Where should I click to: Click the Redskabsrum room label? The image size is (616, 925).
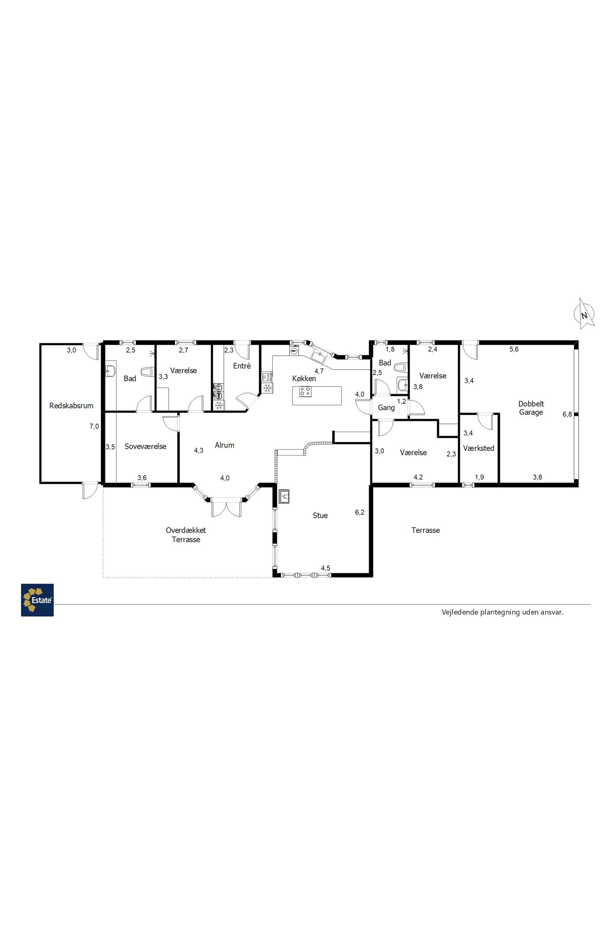tap(71, 406)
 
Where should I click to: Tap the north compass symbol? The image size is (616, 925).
tap(584, 314)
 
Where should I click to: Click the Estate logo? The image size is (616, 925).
tap(37, 600)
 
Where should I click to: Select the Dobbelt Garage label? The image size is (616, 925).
tap(531, 408)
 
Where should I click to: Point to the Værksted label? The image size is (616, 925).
tap(478, 448)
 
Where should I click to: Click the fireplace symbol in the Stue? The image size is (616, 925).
tap(284, 497)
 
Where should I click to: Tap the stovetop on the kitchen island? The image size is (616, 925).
tap(305, 391)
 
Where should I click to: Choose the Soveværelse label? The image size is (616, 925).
tap(145, 446)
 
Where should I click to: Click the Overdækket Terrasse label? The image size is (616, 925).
tap(186, 535)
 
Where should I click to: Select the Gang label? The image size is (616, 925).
tap(386, 408)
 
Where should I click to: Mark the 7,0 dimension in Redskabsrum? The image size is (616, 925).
tap(94, 426)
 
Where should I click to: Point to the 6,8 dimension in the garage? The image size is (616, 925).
tap(567, 414)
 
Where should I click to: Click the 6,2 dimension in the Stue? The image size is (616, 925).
tap(359, 512)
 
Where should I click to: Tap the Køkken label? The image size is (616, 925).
tap(304, 379)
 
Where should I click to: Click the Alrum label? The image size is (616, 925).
tap(225, 445)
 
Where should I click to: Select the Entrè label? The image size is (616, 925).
tap(242, 366)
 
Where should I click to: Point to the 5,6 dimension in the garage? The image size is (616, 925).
tap(514, 349)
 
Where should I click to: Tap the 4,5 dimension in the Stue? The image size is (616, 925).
tap(325, 568)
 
